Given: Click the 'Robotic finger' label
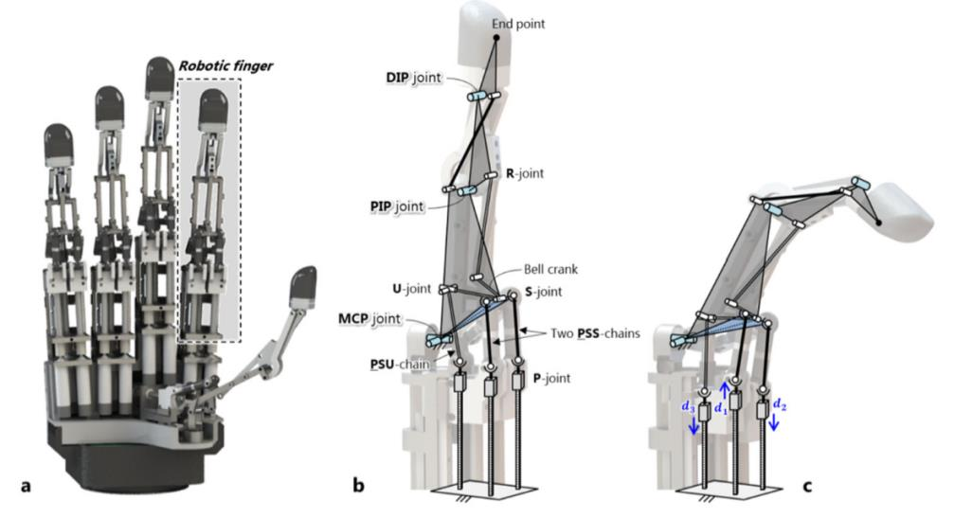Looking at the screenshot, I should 225,67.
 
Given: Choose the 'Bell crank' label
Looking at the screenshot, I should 550,270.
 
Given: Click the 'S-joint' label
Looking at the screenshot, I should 542,294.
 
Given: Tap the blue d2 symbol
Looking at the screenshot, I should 779,404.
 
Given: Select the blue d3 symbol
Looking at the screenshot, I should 690,407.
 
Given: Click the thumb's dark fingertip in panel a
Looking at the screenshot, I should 304,282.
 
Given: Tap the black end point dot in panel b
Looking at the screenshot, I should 495,38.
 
